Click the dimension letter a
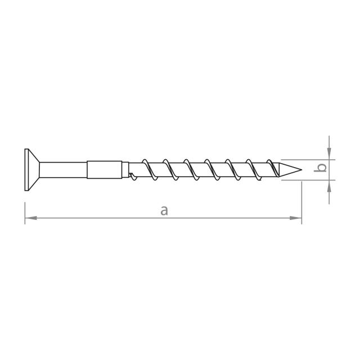tap(164, 210)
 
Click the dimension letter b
tap(321, 168)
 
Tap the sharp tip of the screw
tap(301, 170)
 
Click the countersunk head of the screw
tap(31, 170)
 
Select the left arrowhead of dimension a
tap(31, 218)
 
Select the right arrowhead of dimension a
tap(295, 218)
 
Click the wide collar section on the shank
tap(104, 170)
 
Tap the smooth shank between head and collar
tap(63, 170)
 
